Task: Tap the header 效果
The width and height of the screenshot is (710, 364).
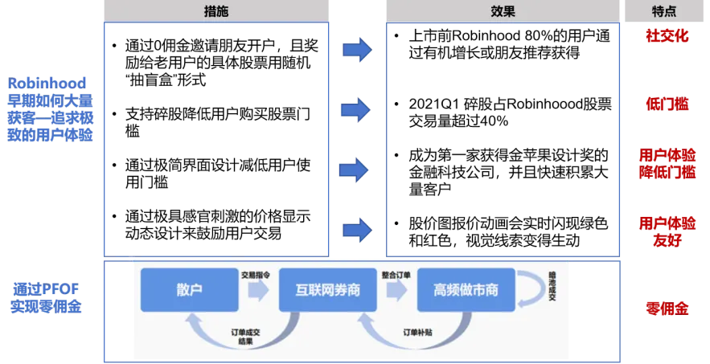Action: click(503, 11)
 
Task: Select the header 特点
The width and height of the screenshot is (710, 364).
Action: click(663, 11)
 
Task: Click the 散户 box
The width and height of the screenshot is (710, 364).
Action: click(189, 290)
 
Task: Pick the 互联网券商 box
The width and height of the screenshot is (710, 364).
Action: click(327, 290)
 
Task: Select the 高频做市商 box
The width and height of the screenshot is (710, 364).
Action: click(466, 290)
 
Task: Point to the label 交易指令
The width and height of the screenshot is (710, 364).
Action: click(256, 274)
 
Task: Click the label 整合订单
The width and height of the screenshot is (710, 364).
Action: click(396, 274)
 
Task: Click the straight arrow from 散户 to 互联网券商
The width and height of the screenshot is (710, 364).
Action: click(258, 290)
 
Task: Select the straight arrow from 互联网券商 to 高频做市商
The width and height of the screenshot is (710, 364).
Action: click(397, 290)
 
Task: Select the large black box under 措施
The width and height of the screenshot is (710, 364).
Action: click(216, 138)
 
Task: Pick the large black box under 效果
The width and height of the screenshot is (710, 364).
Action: click(504, 138)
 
